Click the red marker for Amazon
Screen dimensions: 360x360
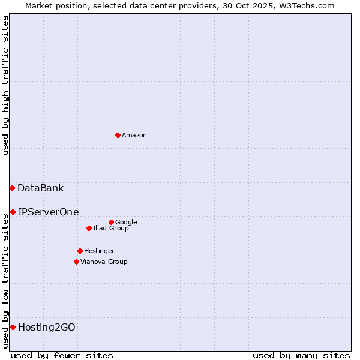(118, 135)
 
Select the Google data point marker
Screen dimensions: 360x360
(111, 222)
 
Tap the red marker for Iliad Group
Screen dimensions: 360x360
(89, 228)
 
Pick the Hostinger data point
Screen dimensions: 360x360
(80, 251)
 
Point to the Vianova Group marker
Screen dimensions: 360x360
(76, 262)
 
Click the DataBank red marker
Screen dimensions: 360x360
(12, 188)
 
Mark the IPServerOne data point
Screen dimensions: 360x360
(13, 212)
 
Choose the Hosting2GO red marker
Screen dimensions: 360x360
(13, 327)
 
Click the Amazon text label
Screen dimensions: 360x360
(134, 136)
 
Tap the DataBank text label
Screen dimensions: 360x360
(41, 188)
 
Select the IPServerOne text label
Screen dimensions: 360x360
(48, 212)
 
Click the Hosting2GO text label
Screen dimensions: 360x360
(47, 327)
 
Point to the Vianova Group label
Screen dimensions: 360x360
(104, 262)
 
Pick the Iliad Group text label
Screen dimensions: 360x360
(111, 229)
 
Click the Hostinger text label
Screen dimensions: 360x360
(99, 251)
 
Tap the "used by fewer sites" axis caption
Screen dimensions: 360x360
(62, 355)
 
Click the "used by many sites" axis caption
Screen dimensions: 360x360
(301, 355)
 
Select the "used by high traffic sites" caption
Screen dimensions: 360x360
(5, 85)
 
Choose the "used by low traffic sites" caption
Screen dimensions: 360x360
(5, 281)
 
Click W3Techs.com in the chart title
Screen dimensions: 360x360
(307, 5)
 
